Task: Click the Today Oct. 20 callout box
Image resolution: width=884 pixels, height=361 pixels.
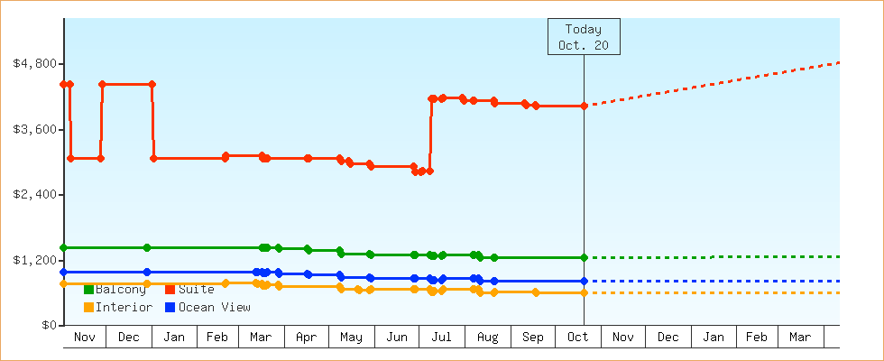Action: point(584,37)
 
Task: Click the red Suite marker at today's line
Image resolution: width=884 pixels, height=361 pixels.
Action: point(585,106)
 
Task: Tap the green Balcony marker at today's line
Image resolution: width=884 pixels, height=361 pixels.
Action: point(585,258)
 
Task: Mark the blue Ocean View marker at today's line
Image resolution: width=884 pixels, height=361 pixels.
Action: point(585,282)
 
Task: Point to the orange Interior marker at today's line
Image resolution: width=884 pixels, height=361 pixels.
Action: point(585,292)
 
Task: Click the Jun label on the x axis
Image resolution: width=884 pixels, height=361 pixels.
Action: point(396,338)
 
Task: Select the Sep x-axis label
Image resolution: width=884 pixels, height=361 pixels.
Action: point(532,338)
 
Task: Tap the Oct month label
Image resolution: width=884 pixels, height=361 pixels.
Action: point(577,338)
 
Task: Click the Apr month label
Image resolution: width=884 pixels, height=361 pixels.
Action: point(306,338)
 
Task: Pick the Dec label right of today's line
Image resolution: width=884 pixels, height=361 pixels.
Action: point(668,338)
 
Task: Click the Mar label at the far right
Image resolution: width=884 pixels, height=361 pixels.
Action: point(800,338)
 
